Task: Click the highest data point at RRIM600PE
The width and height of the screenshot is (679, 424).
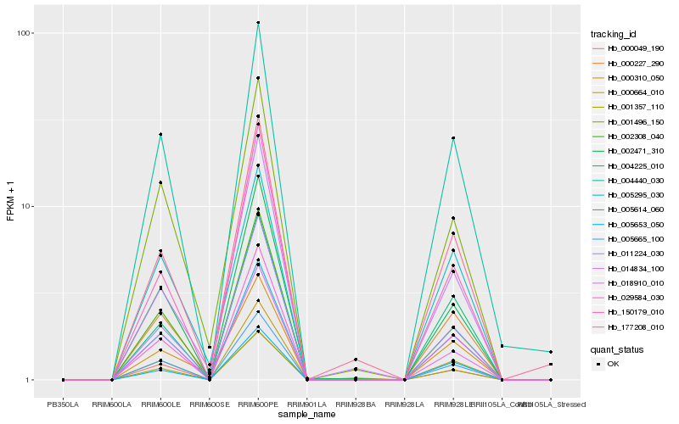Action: (258, 23)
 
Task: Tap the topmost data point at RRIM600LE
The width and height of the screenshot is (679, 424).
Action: (160, 134)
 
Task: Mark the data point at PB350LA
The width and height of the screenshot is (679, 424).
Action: (64, 380)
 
